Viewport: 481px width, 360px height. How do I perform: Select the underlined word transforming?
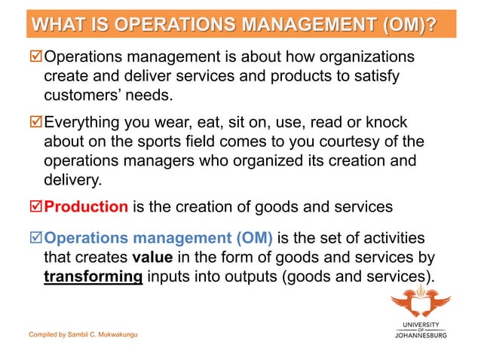point(93,276)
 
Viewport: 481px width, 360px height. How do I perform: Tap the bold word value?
point(152,258)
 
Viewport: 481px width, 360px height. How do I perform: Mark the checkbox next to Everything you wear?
point(35,123)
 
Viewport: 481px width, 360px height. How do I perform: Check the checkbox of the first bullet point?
point(35,58)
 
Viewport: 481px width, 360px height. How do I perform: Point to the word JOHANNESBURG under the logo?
point(421,335)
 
